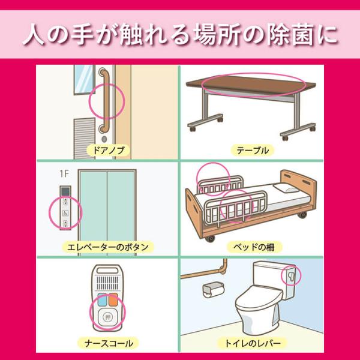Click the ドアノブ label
click(x=109, y=151)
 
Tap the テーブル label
click(x=253, y=151)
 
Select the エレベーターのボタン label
click(x=108, y=247)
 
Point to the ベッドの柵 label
click(x=254, y=247)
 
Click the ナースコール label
click(x=109, y=343)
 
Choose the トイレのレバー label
click(x=253, y=343)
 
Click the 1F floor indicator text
click(x=64, y=174)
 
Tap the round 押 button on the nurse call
click(x=107, y=317)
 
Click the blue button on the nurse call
click(x=103, y=299)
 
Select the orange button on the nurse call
click(x=113, y=299)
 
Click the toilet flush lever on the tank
click(x=290, y=276)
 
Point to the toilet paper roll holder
click(x=213, y=290)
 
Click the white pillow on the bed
click(x=286, y=188)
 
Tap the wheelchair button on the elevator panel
click(x=65, y=213)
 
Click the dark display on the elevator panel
click(x=65, y=191)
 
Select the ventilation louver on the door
click(x=84, y=139)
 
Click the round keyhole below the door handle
click(x=104, y=139)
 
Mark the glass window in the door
click(x=84, y=79)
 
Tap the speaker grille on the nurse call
click(x=107, y=283)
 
